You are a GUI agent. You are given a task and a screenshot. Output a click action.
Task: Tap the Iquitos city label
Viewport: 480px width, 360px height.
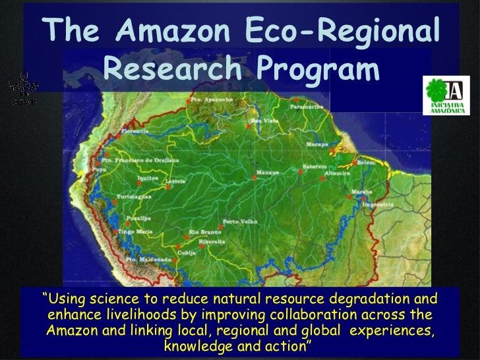point(148,177)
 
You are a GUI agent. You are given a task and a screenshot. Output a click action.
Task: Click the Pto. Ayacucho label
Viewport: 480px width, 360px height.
point(204,100)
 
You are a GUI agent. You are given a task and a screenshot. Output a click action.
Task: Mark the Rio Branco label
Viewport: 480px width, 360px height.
point(203,232)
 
